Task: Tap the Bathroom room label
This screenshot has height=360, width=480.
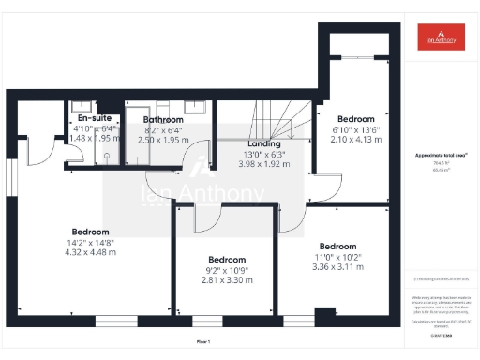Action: point(161,120)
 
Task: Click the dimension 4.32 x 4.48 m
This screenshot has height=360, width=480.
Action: point(90,253)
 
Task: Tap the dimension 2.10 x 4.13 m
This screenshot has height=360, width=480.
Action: point(356,140)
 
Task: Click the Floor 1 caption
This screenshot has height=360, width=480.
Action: point(202,341)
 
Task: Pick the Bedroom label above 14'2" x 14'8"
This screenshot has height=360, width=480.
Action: point(90,232)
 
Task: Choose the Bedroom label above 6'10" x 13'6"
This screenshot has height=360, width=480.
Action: point(356,119)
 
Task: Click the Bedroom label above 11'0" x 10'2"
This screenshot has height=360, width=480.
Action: point(337,245)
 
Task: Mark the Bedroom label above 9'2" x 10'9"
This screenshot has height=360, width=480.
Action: point(227,259)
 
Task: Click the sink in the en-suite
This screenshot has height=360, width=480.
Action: point(80,105)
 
